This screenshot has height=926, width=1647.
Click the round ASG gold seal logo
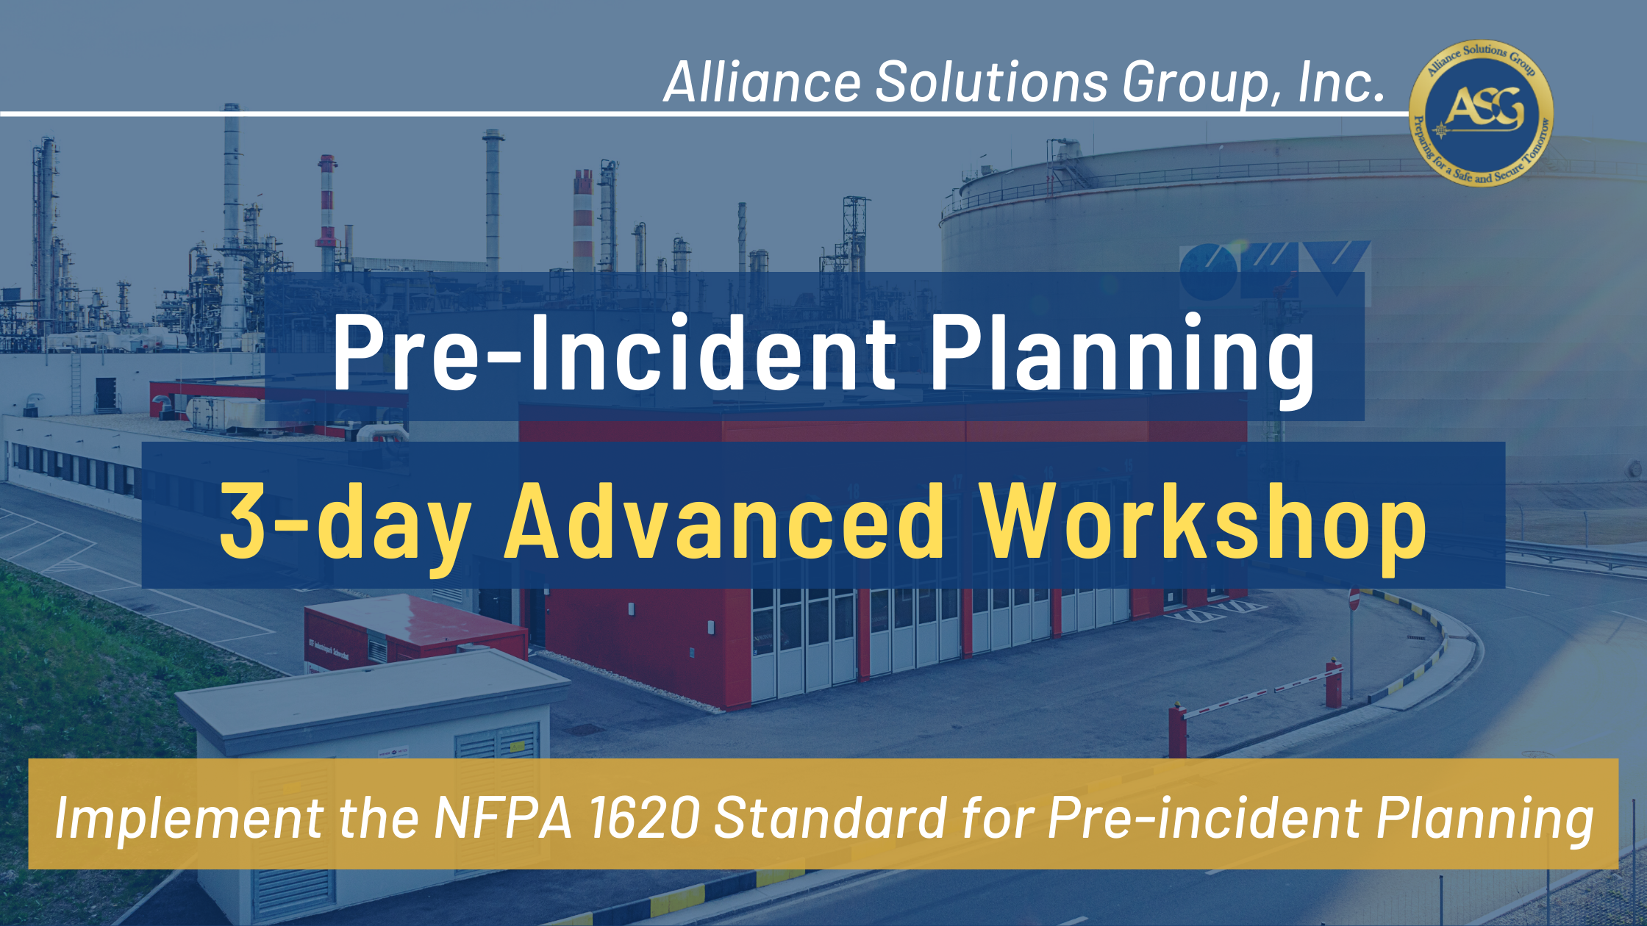coord(1481,112)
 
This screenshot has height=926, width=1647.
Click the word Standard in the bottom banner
coord(830,817)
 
